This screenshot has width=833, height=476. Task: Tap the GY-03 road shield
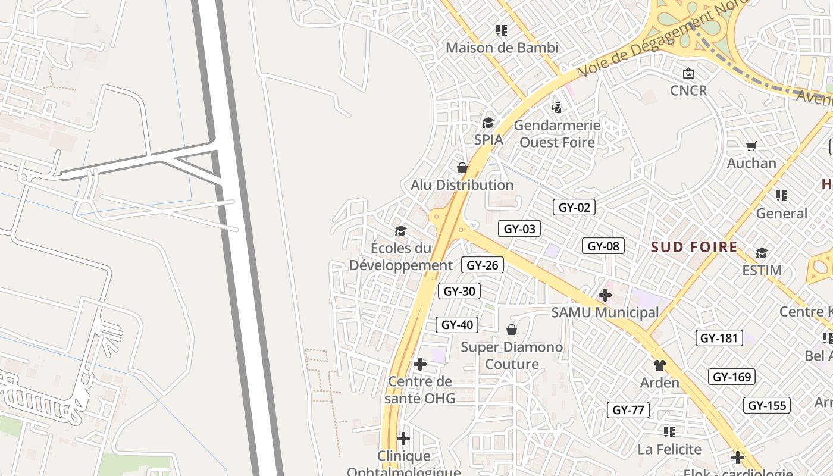coord(519,228)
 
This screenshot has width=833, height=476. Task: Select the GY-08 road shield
coord(603,246)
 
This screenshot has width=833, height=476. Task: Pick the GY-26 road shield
coord(482,265)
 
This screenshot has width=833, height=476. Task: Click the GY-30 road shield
coord(459,291)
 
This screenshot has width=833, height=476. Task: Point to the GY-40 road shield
coord(457,324)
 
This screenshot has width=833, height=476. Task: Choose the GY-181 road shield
coord(719,338)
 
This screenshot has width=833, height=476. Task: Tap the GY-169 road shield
coord(732,377)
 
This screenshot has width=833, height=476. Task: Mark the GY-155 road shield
coord(767,405)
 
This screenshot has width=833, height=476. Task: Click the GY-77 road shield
coord(628,409)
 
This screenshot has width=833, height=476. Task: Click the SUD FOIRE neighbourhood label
coord(694,247)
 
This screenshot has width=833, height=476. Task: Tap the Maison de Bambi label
coord(502,48)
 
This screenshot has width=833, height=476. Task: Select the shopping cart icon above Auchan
coord(751,146)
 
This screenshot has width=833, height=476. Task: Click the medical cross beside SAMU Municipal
coord(605,295)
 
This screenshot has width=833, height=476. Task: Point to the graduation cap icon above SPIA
coord(488,123)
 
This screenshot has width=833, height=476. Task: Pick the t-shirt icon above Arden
coord(659,365)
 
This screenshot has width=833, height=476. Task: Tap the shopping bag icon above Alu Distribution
coord(462,168)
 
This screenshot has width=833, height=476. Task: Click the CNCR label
coord(688,90)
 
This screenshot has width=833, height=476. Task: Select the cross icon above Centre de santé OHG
coord(420,364)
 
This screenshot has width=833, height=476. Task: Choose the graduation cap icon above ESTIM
coord(762,253)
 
